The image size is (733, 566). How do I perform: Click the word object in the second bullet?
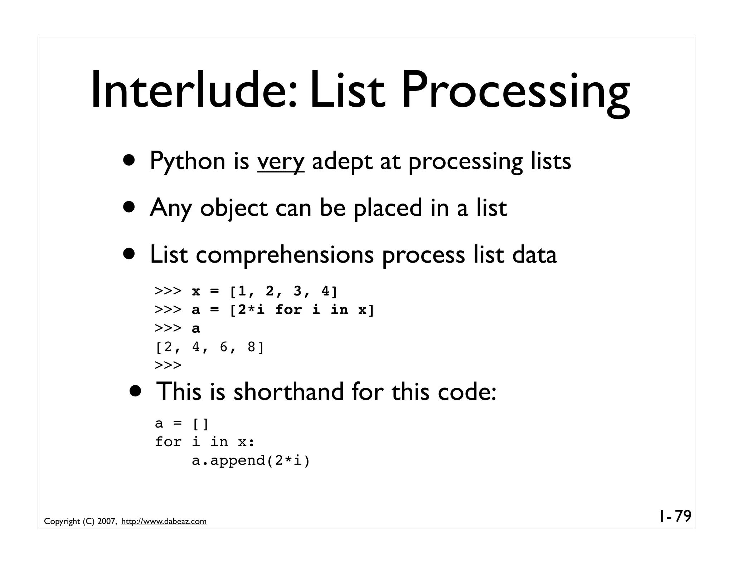(x=233, y=208)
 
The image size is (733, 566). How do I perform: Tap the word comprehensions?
(x=285, y=255)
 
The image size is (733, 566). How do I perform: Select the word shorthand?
(x=288, y=392)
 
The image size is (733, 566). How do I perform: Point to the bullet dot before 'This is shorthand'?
(x=136, y=391)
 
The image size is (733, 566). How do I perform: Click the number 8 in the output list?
(x=252, y=347)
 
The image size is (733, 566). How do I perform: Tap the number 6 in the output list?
(x=224, y=347)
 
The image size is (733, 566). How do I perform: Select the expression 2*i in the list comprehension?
(x=251, y=309)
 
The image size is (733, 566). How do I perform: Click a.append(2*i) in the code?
(x=251, y=460)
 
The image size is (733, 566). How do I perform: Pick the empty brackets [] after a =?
(x=200, y=424)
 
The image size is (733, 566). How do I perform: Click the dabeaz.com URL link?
(x=164, y=521)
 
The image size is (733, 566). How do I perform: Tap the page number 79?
(x=683, y=516)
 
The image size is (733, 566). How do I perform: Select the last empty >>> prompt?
(x=168, y=365)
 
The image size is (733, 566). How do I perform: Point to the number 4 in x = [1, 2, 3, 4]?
(x=326, y=292)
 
